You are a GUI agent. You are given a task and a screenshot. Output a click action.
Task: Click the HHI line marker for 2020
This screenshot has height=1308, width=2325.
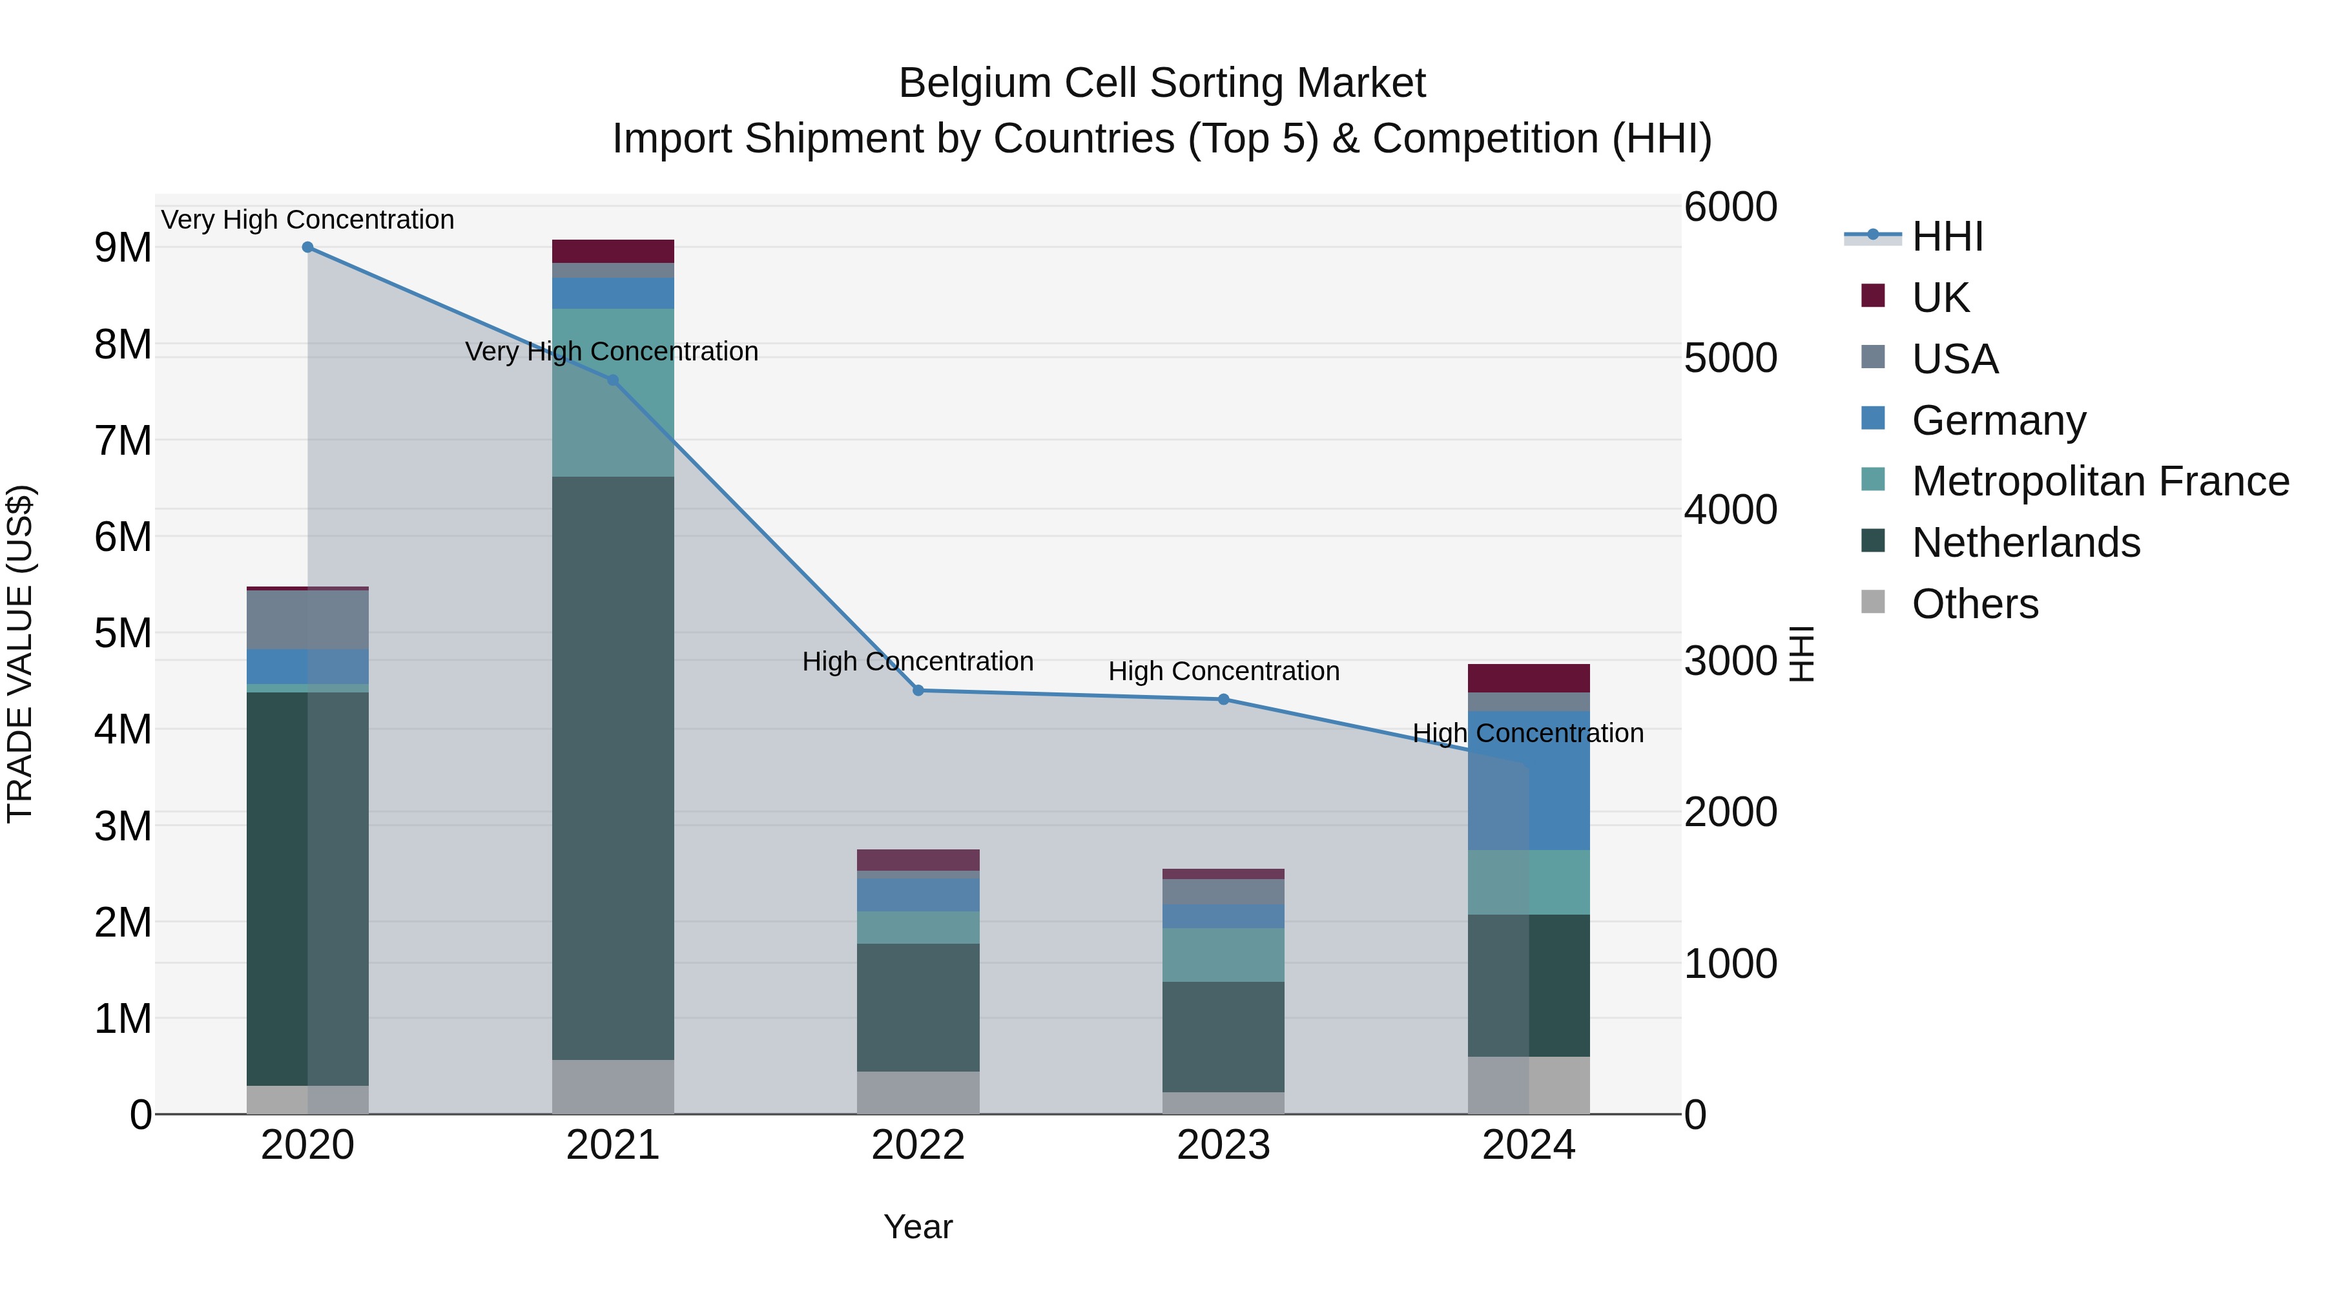pyautogui.click(x=308, y=247)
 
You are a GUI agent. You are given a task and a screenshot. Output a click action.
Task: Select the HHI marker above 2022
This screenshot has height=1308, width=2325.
pyautogui.click(x=918, y=690)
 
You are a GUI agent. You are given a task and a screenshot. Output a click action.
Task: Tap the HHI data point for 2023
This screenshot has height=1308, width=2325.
pyautogui.click(x=1224, y=700)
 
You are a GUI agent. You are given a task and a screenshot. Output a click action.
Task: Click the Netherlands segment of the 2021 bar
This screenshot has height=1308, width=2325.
pyautogui.click(x=613, y=767)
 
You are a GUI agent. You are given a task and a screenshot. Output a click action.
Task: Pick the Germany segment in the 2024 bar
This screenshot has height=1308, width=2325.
pyautogui.click(x=1529, y=781)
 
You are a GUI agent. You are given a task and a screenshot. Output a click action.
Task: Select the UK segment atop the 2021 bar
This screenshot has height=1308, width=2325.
pyautogui.click(x=613, y=251)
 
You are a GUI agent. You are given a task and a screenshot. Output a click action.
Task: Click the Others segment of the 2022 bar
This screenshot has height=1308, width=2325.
pyautogui.click(x=918, y=1092)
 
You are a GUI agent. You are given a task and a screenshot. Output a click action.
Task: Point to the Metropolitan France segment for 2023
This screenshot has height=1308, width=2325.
pyautogui.click(x=1224, y=955)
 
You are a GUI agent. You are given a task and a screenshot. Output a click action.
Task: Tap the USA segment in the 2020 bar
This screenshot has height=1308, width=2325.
pyautogui.click(x=308, y=620)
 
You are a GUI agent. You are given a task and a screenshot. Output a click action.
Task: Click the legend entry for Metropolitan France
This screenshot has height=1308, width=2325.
pyautogui.click(x=2100, y=481)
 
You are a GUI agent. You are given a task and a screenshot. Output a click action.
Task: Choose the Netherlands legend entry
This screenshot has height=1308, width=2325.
pyautogui.click(x=2025, y=543)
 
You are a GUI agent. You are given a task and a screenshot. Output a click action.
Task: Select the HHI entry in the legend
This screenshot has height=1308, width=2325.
pyautogui.click(x=1946, y=236)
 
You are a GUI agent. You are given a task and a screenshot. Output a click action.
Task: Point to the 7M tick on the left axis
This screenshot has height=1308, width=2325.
pyautogui.click(x=123, y=441)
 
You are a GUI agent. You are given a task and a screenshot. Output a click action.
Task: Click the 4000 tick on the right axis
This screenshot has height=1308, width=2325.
pyautogui.click(x=1730, y=510)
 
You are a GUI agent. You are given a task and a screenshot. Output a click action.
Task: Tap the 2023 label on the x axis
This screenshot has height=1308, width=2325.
pyautogui.click(x=1224, y=1145)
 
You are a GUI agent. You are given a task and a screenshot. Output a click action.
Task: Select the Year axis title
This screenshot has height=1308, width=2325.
pyautogui.click(x=918, y=1227)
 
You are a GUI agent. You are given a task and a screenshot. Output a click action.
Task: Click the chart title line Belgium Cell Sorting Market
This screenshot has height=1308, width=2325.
pyautogui.click(x=1162, y=83)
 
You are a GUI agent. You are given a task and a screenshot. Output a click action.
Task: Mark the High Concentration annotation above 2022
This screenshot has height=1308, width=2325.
pyautogui.click(x=918, y=661)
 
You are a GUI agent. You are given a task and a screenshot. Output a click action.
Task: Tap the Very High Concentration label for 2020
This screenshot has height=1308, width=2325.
pyautogui.click(x=308, y=220)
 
